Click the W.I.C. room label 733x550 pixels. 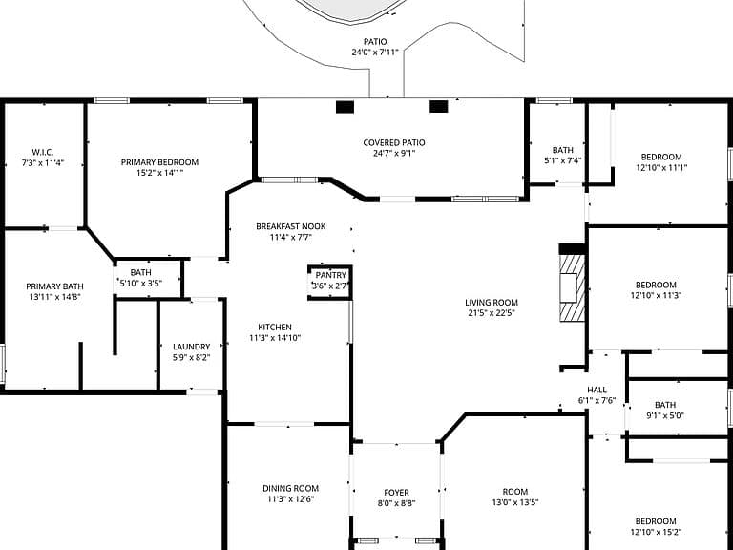43,153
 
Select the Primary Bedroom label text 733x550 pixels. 160,162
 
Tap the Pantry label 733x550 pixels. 330,275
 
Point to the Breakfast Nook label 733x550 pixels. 291,226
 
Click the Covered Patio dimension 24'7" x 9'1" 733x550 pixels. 394,154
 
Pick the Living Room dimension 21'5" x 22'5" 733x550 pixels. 492,313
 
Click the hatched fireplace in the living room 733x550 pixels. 573,287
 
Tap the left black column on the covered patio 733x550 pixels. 345,107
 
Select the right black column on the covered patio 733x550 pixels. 438,107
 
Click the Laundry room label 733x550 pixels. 191,347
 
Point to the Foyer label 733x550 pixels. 396,493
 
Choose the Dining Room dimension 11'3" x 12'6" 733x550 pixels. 290,499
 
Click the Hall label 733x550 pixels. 597,390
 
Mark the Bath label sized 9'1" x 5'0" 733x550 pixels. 665,405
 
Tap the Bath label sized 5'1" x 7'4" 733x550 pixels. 563,150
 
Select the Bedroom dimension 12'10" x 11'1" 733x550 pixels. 661,167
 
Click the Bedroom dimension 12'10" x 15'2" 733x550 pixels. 656,532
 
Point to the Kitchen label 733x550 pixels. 275,328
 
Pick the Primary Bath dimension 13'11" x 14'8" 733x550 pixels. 54,297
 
